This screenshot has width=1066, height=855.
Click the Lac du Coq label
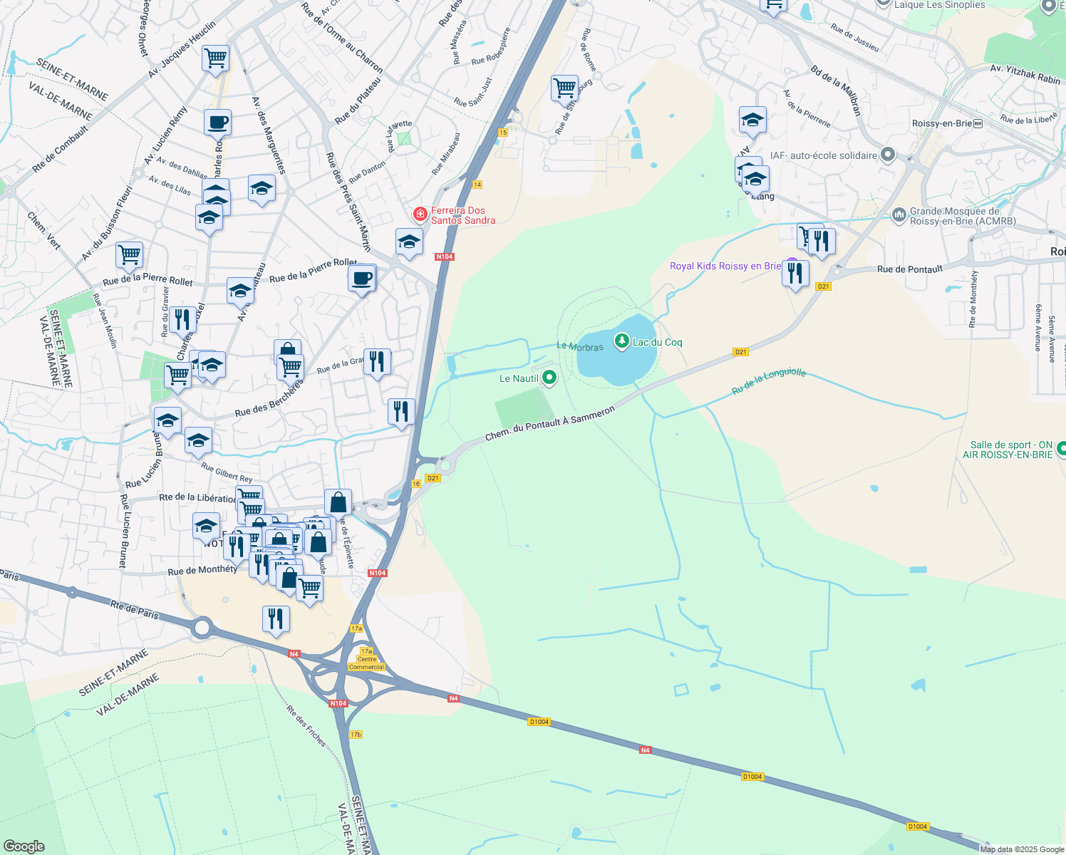(x=657, y=343)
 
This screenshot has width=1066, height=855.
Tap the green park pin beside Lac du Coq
(x=622, y=342)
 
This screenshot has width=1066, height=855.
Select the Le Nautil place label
(x=519, y=378)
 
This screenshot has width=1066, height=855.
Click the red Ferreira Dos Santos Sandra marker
(x=420, y=214)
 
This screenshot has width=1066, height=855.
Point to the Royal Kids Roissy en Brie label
(x=725, y=266)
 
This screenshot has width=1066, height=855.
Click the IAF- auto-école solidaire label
(x=824, y=155)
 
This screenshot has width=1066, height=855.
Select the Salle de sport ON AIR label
(x=1008, y=450)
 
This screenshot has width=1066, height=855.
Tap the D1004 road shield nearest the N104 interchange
(x=539, y=722)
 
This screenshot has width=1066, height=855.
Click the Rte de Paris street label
(x=135, y=609)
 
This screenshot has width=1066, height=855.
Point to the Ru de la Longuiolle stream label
(x=769, y=382)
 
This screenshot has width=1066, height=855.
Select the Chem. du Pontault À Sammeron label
(x=549, y=423)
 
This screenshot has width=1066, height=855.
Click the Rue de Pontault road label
(x=910, y=269)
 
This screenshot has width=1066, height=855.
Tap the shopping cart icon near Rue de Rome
(x=564, y=88)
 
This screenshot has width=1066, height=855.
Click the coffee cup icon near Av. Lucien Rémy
(x=217, y=122)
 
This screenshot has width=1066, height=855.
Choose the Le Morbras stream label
(x=579, y=346)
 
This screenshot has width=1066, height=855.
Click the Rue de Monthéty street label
(x=202, y=570)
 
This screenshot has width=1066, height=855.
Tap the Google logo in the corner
(x=24, y=846)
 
